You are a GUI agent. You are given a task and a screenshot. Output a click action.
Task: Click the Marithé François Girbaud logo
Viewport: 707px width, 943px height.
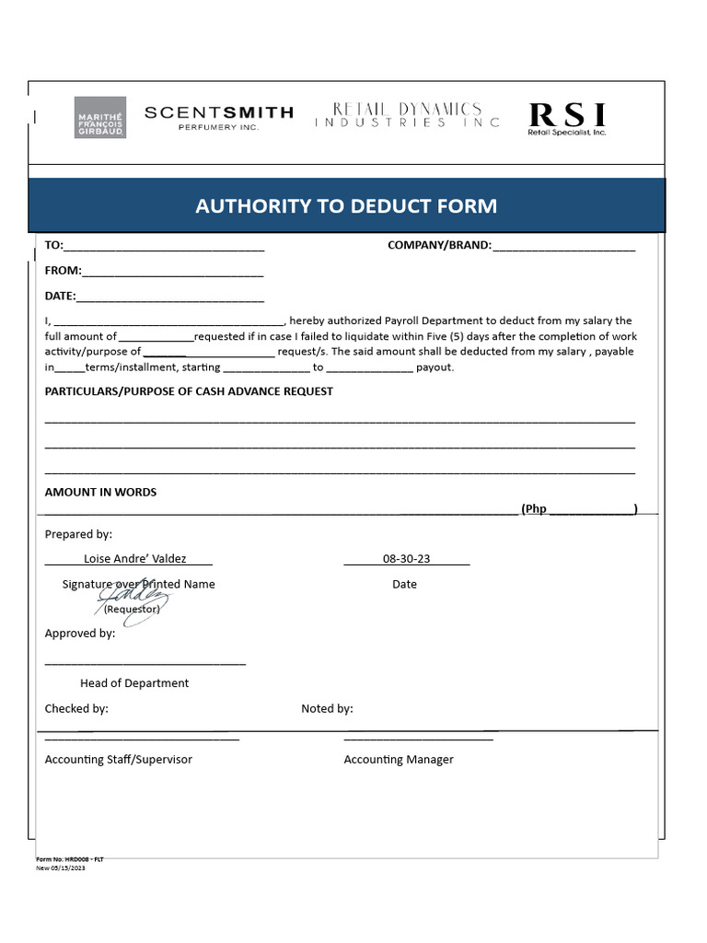100,118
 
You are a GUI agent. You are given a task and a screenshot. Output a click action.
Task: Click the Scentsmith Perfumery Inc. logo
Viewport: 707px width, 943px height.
219,117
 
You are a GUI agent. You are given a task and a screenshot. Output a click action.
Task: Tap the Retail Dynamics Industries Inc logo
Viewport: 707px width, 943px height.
408,115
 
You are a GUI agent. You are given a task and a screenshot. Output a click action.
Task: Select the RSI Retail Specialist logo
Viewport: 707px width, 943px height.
567,118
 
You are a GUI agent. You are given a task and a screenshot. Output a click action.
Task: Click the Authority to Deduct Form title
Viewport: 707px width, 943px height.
346,206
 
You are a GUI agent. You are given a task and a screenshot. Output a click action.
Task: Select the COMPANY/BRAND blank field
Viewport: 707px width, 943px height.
563,247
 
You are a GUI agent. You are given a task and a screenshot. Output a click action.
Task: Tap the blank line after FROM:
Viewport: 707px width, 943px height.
173,273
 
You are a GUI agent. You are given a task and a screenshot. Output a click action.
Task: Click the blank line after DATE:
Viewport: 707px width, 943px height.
170,297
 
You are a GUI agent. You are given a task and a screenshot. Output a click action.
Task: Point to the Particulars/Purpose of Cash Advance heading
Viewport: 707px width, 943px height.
189,391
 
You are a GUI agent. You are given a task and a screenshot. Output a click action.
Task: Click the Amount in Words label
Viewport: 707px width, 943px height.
100,492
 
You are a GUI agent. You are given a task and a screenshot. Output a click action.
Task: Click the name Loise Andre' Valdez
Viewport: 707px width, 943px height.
134,558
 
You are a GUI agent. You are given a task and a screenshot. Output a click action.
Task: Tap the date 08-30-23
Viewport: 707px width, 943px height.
406,558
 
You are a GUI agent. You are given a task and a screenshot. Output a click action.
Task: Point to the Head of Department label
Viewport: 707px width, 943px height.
134,683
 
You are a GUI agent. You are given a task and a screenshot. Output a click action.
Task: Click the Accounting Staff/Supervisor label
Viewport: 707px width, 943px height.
119,760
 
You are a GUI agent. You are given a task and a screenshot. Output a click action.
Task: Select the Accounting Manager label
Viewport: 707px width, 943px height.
399,760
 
